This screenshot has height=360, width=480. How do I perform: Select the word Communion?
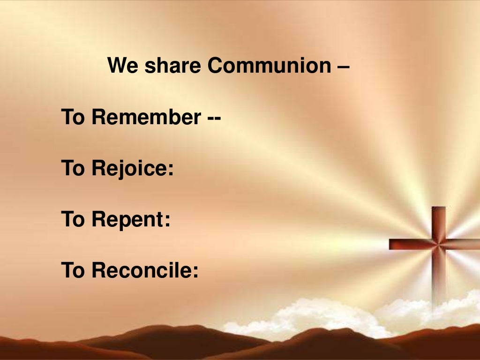[269, 66]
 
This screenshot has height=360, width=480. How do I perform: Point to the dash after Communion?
[343, 67]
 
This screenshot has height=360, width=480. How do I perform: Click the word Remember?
[146, 117]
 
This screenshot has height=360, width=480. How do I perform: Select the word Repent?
[126, 220]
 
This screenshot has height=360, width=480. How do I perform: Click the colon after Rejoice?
[171, 170]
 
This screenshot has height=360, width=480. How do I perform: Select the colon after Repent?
[167, 221]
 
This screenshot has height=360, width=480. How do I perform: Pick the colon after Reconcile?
[195, 272]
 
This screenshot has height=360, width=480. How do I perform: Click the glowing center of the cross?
[439, 243]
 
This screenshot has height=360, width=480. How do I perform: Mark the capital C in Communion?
[215, 66]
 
